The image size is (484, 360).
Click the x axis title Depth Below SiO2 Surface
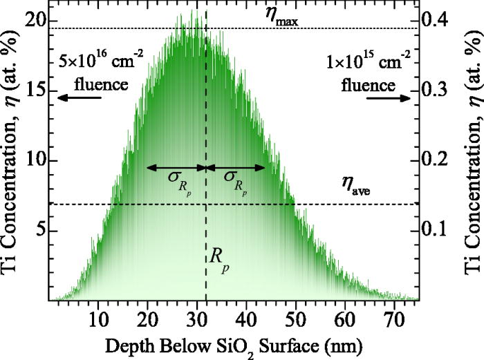tap(233, 344)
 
